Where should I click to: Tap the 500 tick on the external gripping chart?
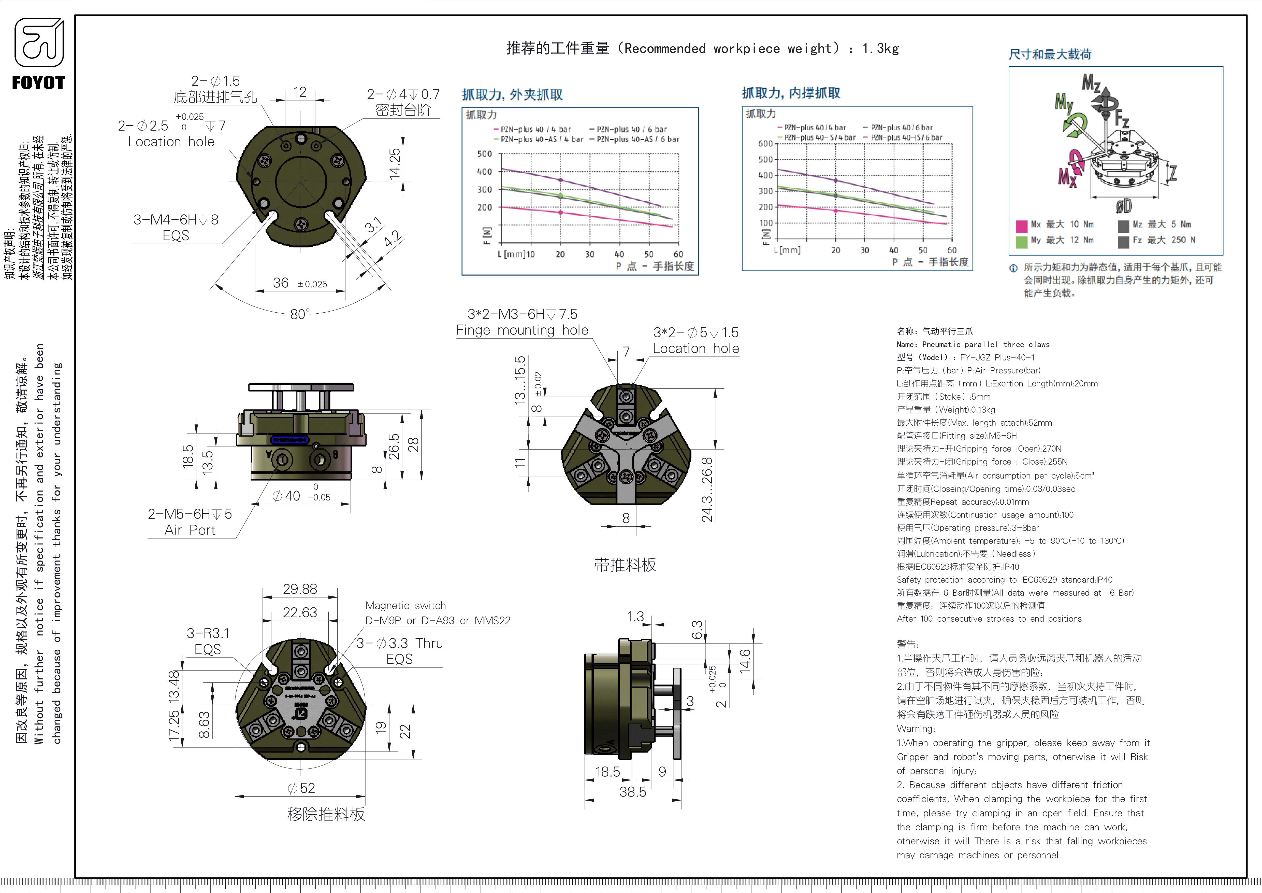pos(484,154)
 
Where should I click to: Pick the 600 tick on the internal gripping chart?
pos(765,144)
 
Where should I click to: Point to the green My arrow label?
pos(1064,102)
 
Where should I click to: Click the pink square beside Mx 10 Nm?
pos(1021,226)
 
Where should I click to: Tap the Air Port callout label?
pos(190,530)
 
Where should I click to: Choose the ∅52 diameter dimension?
pos(301,788)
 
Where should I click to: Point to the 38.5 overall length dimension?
pos(633,792)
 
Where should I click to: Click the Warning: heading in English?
pos(915,729)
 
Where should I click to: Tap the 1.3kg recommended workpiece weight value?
pos(880,48)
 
